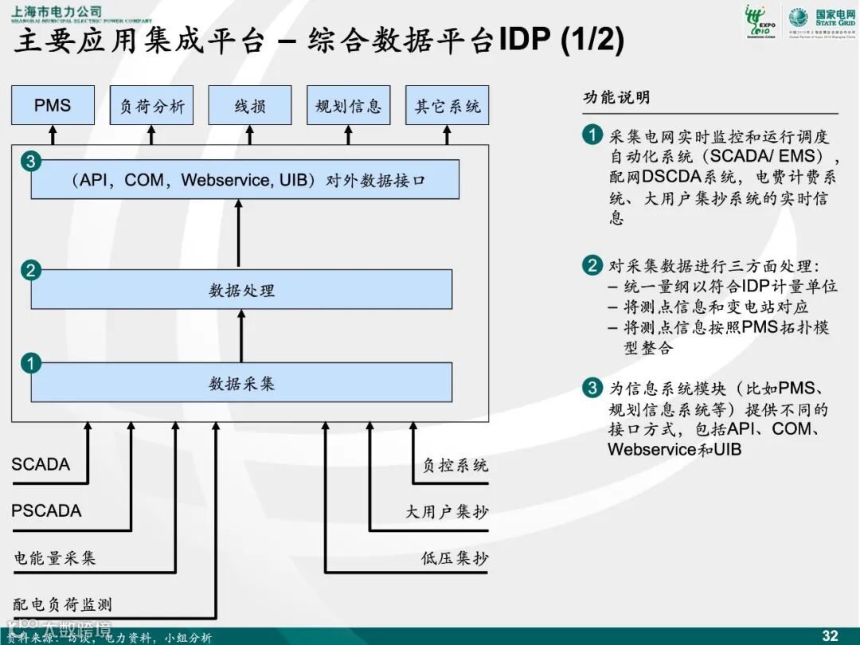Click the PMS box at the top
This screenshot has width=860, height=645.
click(53, 105)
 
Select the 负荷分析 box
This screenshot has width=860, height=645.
click(151, 105)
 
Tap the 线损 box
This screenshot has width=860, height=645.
click(250, 105)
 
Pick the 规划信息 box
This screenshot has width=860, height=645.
click(348, 105)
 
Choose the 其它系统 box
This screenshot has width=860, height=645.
click(447, 105)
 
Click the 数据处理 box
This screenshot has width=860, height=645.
click(241, 290)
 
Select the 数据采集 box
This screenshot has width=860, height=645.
click(241, 383)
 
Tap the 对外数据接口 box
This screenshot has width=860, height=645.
click(245, 180)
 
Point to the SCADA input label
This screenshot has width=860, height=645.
click(41, 464)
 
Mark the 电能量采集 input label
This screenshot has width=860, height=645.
click(54, 558)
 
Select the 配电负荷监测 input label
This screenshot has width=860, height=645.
click(62, 604)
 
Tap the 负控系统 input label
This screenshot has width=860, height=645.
click(455, 465)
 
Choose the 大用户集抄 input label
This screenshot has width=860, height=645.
click(447, 512)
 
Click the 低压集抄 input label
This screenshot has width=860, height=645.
click(455, 558)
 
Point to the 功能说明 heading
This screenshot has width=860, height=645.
click(616, 97)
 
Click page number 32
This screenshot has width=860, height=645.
click(830, 635)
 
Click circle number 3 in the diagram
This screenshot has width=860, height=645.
click(30, 162)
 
